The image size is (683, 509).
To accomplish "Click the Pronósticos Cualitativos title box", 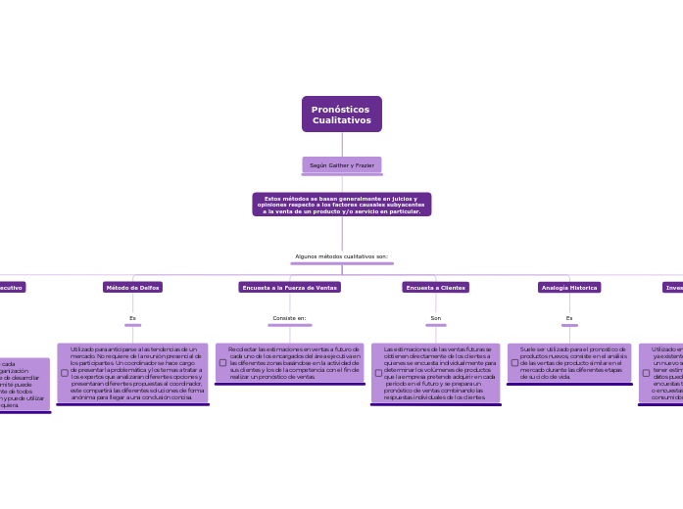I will [x=341, y=115].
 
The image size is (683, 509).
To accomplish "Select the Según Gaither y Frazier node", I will [x=341, y=165].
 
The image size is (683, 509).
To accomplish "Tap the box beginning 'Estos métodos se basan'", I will [x=341, y=205].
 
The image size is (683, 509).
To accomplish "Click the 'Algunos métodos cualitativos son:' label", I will [x=341, y=256].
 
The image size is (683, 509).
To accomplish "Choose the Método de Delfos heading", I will [x=132, y=288].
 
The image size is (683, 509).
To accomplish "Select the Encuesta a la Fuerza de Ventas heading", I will [x=289, y=288].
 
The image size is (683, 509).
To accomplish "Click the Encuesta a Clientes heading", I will [x=435, y=288].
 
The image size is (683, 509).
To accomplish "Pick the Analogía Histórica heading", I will [x=569, y=288].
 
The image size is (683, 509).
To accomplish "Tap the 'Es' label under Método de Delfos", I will [x=132, y=318].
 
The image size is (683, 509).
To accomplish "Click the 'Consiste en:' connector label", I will [x=289, y=318].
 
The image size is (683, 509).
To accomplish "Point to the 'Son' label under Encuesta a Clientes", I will [x=435, y=318].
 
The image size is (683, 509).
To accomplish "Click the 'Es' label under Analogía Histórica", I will [x=569, y=318].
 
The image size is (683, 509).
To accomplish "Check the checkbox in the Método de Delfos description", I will [x=65, y=373].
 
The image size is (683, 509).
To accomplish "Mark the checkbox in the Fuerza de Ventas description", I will [x=222, y=362].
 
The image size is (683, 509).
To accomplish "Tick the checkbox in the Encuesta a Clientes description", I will [x=378, y=373].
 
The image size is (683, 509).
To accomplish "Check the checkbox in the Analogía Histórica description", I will [x=514, y=362].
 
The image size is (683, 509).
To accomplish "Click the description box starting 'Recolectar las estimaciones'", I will [x=294, y=362].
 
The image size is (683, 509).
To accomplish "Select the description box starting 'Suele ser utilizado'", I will [x=573, y=362].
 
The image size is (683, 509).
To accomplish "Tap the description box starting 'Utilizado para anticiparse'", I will [x=137, y=373].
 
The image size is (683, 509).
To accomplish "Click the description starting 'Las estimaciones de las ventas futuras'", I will [x=440, y=373].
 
